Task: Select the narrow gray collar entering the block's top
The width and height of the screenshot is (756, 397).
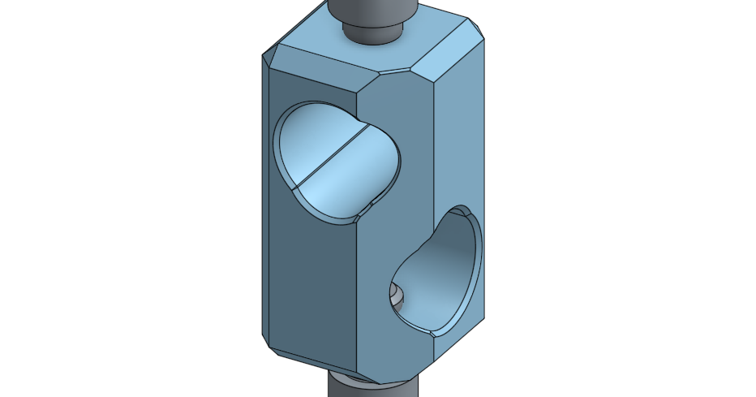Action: coord(372,32)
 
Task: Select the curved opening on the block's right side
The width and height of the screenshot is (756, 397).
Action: coord(442,272)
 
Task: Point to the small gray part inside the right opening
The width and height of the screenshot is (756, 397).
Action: coord(397,294)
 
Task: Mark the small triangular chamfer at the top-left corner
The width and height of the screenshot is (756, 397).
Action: coord(268,58)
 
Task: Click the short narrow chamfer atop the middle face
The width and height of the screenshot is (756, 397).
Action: coord(396,74)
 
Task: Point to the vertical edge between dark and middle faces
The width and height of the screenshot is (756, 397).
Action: coord(357,244)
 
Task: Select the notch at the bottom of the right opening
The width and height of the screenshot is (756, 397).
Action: coord(434,332)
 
